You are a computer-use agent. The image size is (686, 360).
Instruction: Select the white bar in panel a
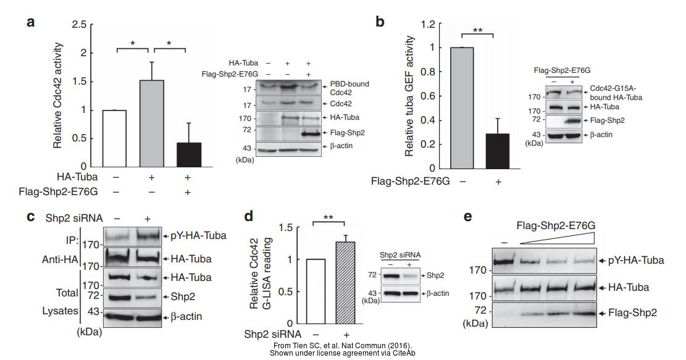click(x=114, y=140)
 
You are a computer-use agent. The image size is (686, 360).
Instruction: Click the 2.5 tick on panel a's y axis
click(x=78, y=25)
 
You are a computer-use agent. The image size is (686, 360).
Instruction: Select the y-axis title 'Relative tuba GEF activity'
click(x=409, y=96)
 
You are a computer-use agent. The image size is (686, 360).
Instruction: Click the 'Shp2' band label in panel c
click(x=178, y=297)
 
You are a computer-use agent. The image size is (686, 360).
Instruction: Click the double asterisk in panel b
click(x=477, y=30)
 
